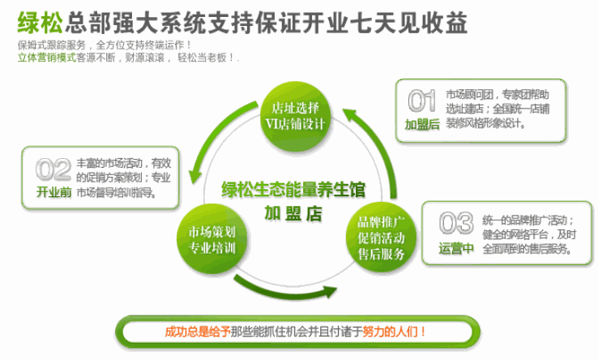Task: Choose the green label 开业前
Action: [x=53, y=190]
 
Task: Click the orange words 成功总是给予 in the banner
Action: [x=196, y=330]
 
